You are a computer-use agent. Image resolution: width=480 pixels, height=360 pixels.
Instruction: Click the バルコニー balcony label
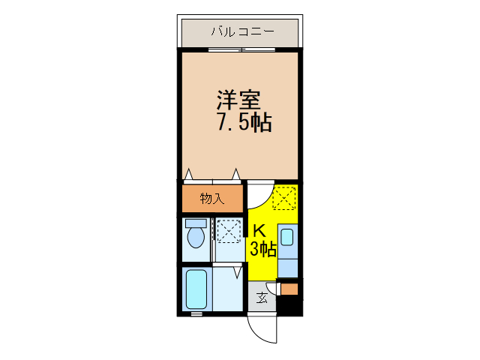coord(241,31)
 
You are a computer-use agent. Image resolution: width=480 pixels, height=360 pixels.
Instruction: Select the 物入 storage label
coord(211,199)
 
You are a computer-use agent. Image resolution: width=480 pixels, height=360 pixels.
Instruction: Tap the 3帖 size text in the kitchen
coord(262,249)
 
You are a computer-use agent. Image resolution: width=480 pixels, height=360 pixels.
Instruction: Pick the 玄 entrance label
coord(262,298)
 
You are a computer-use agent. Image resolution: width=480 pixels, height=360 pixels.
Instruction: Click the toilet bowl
coord(196,238)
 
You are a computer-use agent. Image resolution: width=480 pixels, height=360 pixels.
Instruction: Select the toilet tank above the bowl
coord(196,223)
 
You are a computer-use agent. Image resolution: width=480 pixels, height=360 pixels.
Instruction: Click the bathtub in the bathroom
coord(196,289)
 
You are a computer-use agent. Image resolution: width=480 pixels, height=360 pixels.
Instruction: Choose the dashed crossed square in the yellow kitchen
coord(284,199)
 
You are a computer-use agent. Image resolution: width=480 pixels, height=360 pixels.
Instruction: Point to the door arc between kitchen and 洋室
coord(258,196)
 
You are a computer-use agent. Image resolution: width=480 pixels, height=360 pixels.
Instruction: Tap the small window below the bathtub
coord(196,314)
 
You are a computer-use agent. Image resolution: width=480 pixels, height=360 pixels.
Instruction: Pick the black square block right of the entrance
coord(291,305)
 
